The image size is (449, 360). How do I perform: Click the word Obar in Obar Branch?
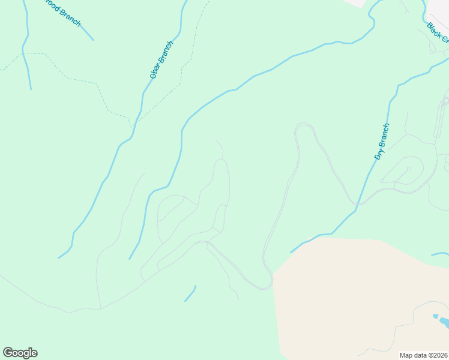click(x=155, y=70)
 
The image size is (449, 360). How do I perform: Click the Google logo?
click(x=20, y=353)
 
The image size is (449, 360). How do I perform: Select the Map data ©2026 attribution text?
click(x=424, y=355)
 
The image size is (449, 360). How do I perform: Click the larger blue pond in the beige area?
click(x=444, y=323)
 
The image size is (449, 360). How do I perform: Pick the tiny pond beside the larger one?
click(x=435, y=315)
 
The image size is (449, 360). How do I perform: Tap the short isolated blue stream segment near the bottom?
click(x=190, y=294)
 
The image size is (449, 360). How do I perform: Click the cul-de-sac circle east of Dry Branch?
click(x=408, y=169)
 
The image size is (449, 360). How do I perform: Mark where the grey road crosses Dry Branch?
click(x=357, y=205)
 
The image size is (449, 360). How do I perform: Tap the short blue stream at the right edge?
click(x=440, y=254)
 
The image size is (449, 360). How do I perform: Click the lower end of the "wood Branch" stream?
click(x=93, y=40)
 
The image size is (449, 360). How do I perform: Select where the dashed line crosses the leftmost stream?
click(x=25, y=53)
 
